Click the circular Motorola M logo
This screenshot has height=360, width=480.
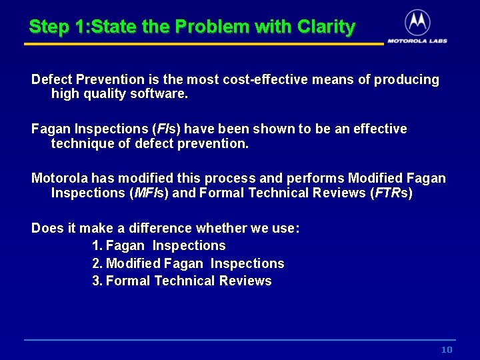point(417,23)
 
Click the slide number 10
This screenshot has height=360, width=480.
point(447,350)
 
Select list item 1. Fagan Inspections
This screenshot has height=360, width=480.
point(159,246)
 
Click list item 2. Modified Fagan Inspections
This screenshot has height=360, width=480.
point(188,263)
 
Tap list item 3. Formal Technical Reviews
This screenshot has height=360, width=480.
point(181,281)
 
